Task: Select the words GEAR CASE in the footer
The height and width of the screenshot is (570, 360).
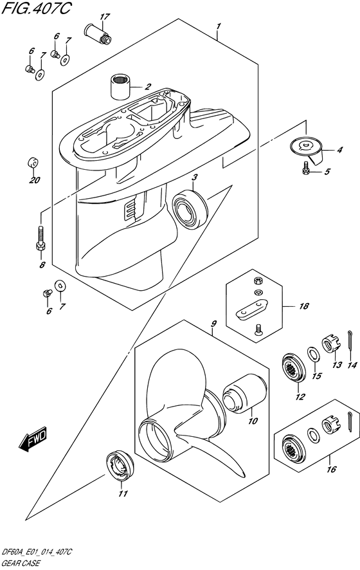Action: point(21,564)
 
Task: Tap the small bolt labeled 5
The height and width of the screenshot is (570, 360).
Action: point(307,170)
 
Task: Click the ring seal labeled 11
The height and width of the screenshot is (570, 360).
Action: point(120,466)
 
